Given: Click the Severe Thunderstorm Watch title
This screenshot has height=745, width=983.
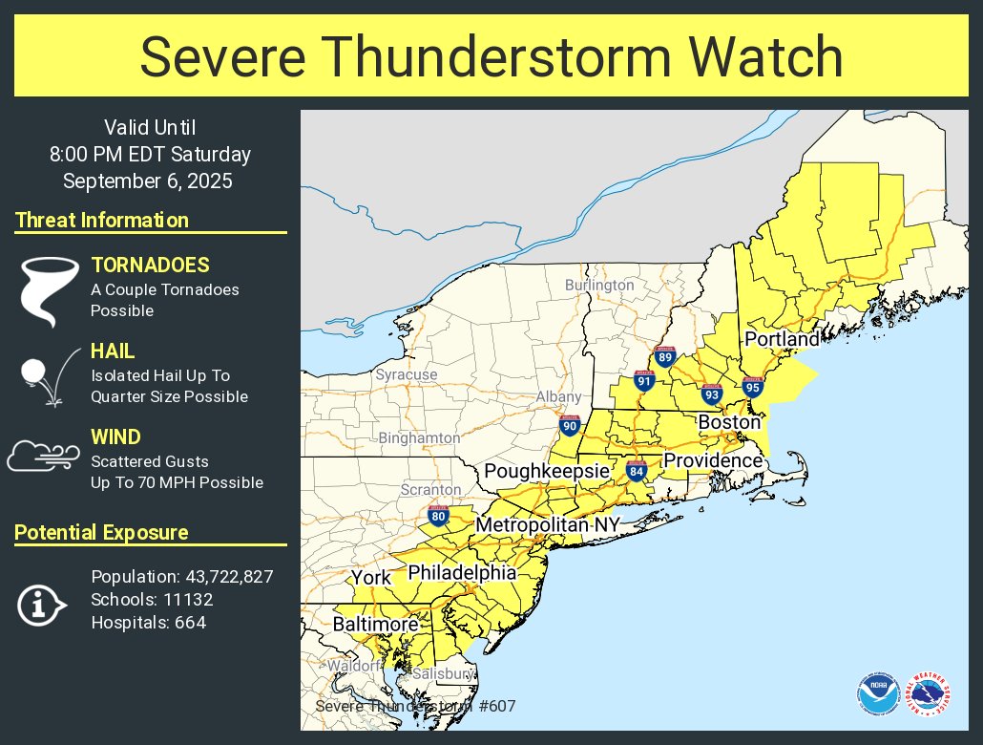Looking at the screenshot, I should (491, 57).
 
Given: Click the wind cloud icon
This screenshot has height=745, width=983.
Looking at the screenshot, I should (40, 456).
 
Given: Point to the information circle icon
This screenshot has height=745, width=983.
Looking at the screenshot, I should (41, 604).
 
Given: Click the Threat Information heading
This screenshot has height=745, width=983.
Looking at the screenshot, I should (102, 221).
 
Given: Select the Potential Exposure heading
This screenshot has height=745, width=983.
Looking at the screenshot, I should (101, 533).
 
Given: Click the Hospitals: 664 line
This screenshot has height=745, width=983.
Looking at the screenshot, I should (148, 623).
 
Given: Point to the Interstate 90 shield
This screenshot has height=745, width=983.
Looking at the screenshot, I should (570, 426).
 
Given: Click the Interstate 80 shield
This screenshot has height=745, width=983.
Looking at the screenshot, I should (439, 517).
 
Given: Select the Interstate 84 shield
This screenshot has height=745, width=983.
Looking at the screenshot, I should (638, 470).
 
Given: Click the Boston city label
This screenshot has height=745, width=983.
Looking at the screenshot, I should (729, 422).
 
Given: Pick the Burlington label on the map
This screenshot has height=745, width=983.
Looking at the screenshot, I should (598, 285).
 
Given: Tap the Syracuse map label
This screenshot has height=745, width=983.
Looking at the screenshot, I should (406, 374).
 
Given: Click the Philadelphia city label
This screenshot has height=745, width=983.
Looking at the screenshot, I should (462, 573).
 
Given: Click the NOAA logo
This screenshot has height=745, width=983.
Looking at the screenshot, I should (876, 693).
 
